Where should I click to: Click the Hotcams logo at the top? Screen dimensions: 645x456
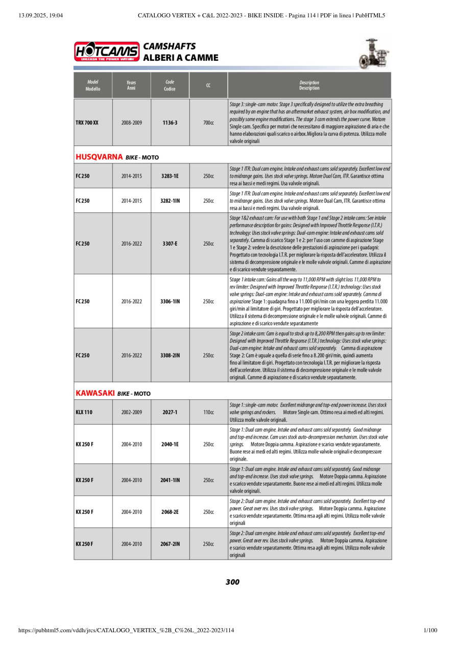(107, 52)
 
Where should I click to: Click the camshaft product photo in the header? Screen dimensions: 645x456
(376, 53)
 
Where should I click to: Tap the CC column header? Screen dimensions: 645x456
(208, 85)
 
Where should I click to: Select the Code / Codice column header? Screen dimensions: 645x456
(170, 85)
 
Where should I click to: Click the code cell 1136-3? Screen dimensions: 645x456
(170, 123)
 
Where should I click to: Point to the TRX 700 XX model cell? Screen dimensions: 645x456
(87, 123)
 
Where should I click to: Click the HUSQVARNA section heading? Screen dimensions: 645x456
(99, 157)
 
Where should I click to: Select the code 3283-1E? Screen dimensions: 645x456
(170, 176)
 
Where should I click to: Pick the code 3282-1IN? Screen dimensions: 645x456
(170, 201)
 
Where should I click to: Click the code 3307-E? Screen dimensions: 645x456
(170, 244)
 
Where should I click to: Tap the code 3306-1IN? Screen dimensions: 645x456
(170, 301)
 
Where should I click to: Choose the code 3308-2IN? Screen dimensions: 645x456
(170, 355)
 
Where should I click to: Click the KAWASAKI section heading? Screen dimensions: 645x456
(95, 393)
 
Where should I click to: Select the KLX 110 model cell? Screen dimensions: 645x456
(84, 412)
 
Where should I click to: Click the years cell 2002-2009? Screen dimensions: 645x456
(132, 412)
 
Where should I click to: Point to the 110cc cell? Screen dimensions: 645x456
(208, 412)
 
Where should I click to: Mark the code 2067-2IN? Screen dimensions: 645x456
(170, 544)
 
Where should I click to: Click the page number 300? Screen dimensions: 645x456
(232, 582)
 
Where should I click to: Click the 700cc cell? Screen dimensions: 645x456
(208, 123)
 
